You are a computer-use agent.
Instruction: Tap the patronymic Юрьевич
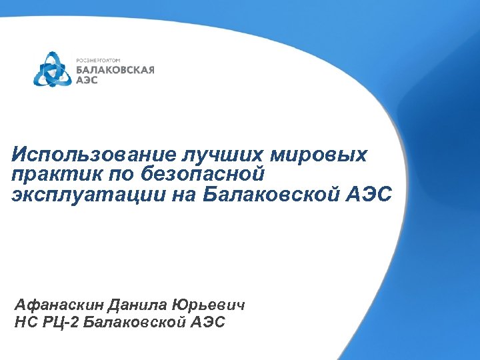[209, 306]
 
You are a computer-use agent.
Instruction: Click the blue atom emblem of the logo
[53, 69]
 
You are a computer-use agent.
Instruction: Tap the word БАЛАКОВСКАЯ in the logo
[115, 69]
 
